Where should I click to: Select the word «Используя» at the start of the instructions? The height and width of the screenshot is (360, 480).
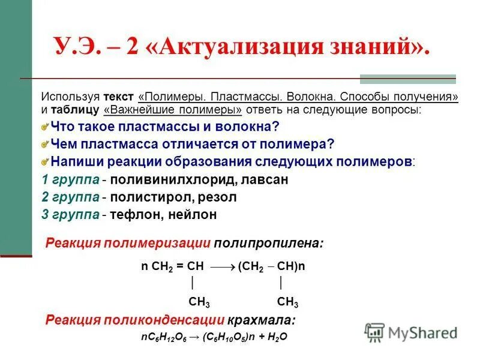click(70, 97)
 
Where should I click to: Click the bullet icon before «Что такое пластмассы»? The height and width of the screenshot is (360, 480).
click(44, 127)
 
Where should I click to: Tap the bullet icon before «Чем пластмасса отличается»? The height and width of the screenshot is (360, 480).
click(44, 145)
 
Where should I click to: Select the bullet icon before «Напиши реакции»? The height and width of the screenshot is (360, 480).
click(44, 162)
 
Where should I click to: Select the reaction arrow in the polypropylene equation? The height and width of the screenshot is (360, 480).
click(223, 266)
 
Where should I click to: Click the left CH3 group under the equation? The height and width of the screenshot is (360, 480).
click(199, 301)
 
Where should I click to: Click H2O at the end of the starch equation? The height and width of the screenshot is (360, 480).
click(278, 337)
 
